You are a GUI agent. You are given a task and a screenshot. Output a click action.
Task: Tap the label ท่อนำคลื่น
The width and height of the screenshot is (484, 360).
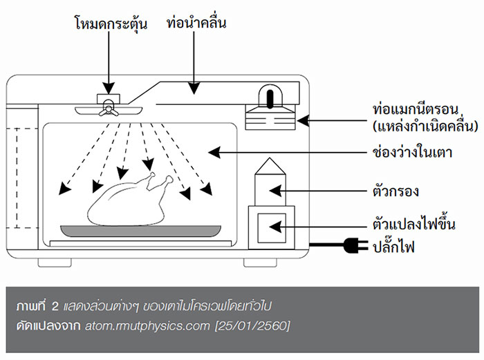click(x=197, y=23)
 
